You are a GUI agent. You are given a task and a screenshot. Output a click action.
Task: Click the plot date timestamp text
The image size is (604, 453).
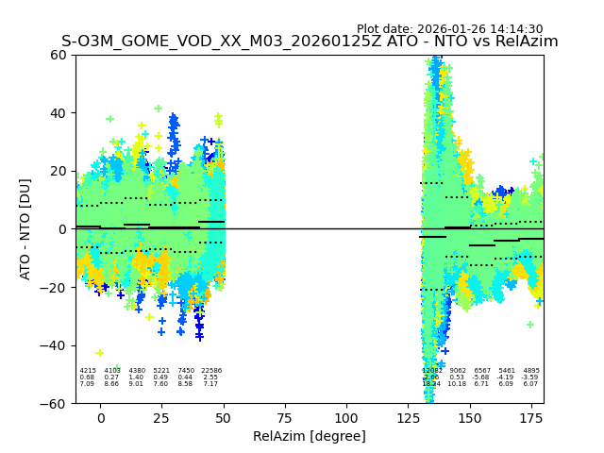[449, 29]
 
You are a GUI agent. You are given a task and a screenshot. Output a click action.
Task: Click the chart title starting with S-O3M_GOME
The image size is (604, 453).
[310, 42]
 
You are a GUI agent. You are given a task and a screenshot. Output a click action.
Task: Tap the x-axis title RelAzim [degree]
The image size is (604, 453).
[310, 436]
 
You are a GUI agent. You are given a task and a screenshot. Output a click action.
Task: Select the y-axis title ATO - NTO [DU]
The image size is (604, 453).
[25, 228]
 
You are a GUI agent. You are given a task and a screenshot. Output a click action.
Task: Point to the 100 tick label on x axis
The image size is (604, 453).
[346, 418]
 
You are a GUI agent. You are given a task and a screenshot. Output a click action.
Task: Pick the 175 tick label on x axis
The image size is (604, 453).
[531, 418]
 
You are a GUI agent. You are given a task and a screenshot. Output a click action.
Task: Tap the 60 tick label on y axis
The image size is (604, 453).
[59, 55]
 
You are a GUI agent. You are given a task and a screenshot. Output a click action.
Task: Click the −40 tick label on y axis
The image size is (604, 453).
[56, 345]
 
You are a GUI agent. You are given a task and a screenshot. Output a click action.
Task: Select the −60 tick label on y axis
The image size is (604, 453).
[56, 403]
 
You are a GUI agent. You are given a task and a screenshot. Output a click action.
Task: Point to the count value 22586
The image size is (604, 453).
[211, 371]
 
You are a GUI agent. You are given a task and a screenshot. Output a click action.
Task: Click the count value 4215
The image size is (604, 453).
[88, 371]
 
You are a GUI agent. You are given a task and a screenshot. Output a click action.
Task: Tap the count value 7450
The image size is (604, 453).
[186, 371]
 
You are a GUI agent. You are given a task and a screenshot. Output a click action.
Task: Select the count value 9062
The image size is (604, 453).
[458, 371]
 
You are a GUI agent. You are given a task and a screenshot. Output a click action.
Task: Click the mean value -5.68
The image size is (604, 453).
[482, 377]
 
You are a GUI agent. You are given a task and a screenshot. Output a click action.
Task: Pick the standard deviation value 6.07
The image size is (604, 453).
[531, 384]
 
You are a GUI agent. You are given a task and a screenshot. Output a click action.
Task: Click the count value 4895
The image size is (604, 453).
[531, 371]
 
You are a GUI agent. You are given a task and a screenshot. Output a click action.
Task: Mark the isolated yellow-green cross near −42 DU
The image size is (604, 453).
[100, 352]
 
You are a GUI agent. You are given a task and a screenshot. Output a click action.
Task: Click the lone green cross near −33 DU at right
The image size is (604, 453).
[530, 325]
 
